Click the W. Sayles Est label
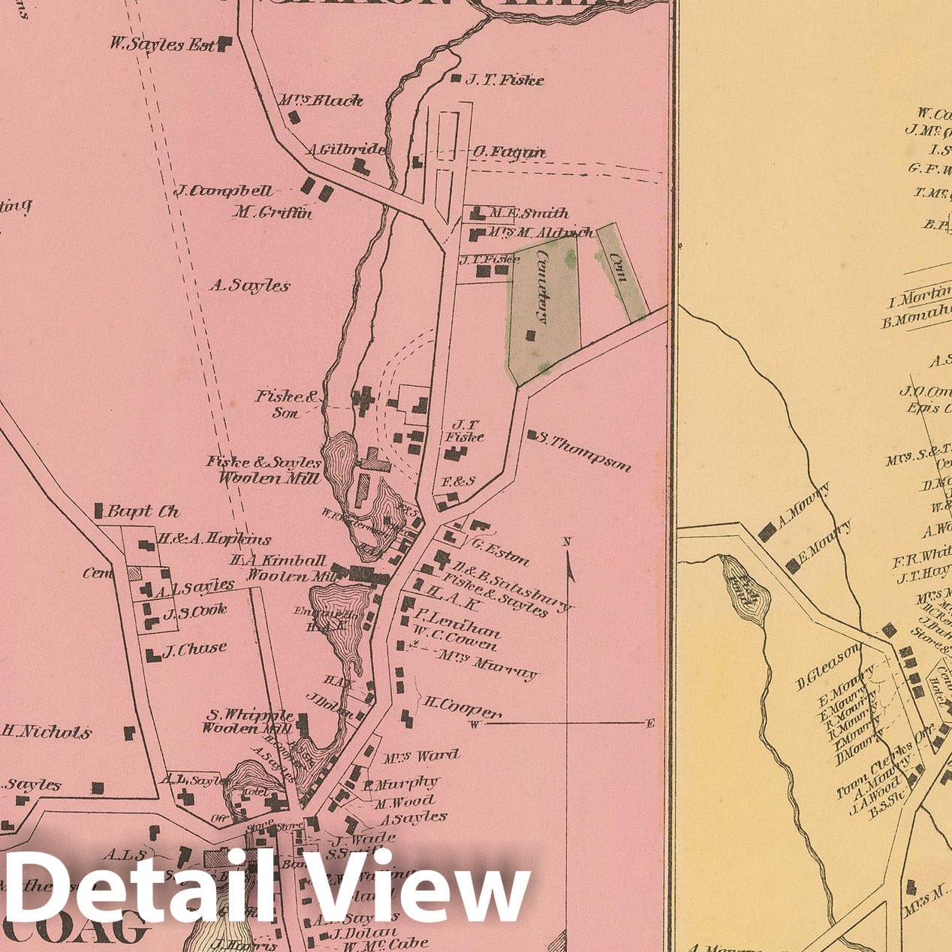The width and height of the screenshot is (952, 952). (162, 44)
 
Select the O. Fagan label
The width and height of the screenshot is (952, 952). (508, 152)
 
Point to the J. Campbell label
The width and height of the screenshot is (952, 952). (224, 191)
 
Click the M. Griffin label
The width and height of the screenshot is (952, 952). (272, 212)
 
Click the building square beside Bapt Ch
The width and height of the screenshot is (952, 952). (98, 511)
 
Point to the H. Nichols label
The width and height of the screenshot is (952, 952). (47, 731)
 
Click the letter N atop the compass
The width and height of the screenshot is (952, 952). (567, 541)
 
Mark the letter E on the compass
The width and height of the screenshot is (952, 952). (650, 723)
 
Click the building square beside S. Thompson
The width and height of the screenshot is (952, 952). (532, 435)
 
